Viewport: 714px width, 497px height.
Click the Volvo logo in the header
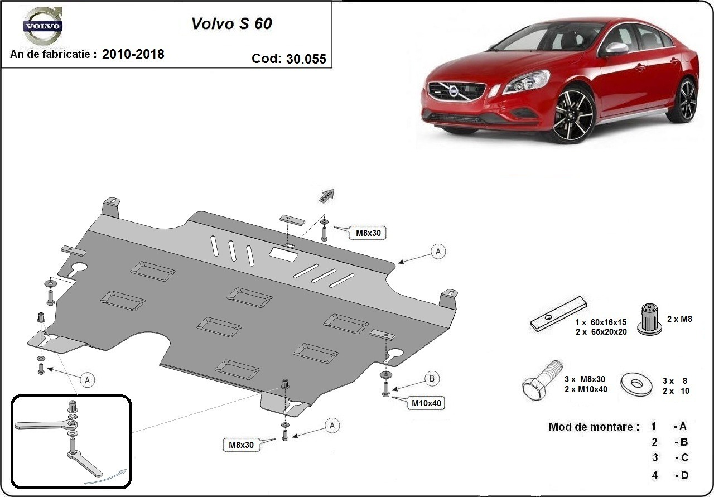42,26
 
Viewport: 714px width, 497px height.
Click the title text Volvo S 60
231,23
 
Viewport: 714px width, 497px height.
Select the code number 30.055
306,59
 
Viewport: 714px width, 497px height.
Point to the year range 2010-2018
133,54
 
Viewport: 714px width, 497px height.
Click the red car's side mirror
616,49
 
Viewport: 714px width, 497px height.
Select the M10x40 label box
427,403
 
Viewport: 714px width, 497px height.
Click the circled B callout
432,379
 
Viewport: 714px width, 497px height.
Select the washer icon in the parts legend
635,383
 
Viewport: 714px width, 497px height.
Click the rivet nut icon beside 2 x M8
648,320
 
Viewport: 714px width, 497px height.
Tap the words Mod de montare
594,427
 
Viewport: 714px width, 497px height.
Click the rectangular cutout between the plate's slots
284,254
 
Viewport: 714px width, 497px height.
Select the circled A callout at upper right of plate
438,252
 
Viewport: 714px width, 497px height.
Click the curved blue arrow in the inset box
106,475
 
